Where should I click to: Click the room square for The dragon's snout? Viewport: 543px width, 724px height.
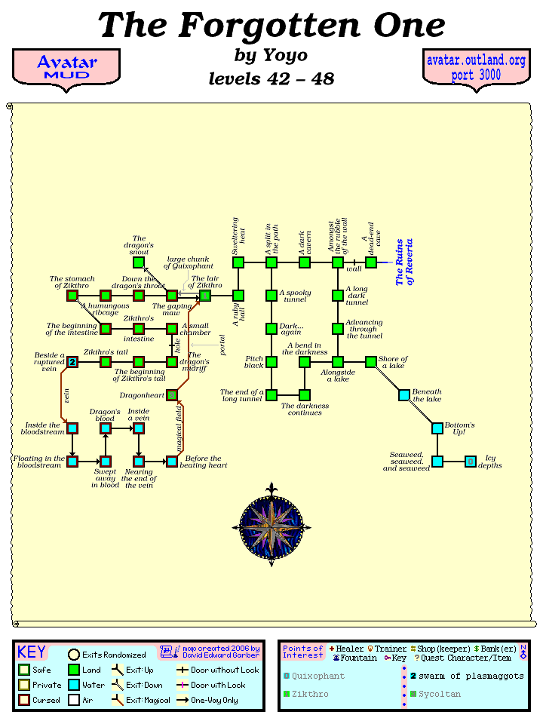pyautogui.click(x=139, y=262)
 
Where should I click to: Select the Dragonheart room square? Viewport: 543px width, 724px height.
pyautogui.click(x=172, y=395)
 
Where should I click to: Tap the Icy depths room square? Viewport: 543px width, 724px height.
pyautogui.click(x=471, y=462)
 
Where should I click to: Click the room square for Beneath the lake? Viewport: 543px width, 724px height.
pyautogui.click(x=404, y=395)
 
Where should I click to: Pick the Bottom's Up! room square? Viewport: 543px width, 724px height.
pyautogui.click(x=437, y=428)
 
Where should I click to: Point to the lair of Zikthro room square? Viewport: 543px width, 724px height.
pyautogui.click(x=205, y=296)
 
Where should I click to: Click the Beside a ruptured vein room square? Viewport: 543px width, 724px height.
pyautogui.click(x=72, y=362)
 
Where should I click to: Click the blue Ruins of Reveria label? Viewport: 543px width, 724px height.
pyautogui.click(x=404, y=262)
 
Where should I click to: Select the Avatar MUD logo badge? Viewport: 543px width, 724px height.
pyautogui.click(x=66, y=68)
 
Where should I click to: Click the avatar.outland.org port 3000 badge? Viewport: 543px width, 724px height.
pyautogui.click(x=477, y=68)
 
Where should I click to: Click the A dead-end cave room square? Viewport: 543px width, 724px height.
pyautogui.click(x=371, y=262)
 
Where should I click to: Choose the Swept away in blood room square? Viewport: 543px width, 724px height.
pyautogui.click(x=106, y=462)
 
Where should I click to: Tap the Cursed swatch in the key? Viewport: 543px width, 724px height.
pyautogui.click(x=24, y=700)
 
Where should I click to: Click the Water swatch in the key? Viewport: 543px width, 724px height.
pyautogui.click(x=74, y=685)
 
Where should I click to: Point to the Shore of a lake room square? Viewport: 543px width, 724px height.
pyautogui.click(x=371, y=362)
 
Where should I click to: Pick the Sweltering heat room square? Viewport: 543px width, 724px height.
pyautogui.click(x=238, y=262)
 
